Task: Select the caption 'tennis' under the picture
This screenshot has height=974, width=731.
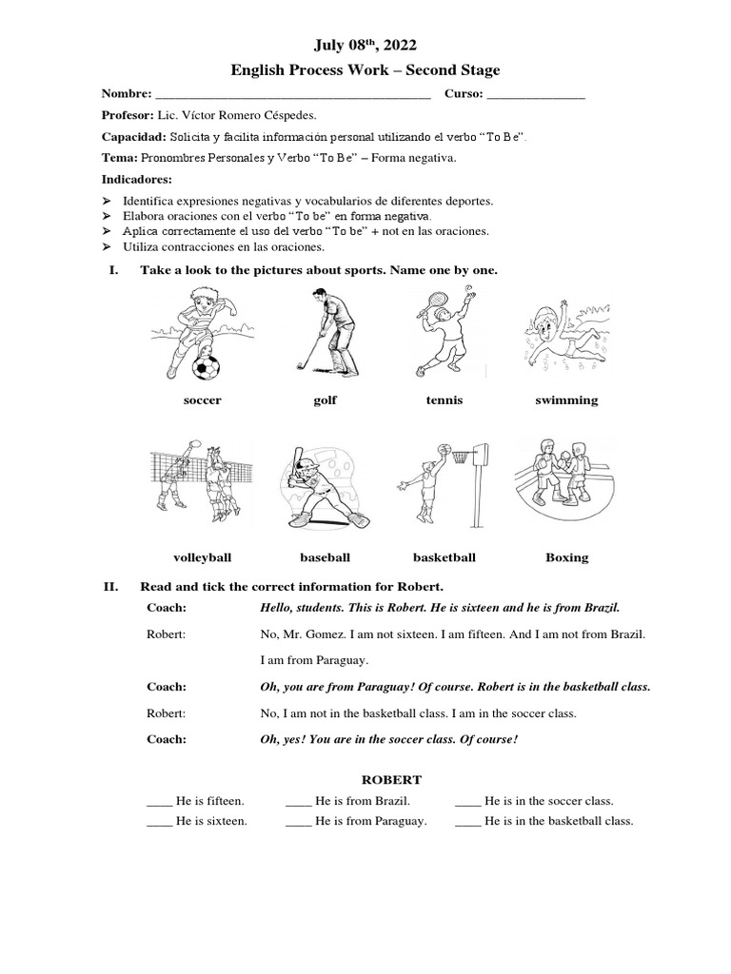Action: point(445,400)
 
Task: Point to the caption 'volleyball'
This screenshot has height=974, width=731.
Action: point(202,557)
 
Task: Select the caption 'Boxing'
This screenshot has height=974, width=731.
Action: point(566,557)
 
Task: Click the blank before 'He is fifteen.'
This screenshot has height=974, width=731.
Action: point(159,802)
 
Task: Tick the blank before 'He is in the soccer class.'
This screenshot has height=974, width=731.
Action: point(468,802)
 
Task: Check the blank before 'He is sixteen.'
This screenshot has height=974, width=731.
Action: point(159,822)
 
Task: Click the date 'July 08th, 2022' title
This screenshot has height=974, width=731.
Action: point(365,45)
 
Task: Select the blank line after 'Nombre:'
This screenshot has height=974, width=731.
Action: point(292,95)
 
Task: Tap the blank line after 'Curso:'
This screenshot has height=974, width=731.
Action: point(536,95)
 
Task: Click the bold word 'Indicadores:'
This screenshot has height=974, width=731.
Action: point(137,179)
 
